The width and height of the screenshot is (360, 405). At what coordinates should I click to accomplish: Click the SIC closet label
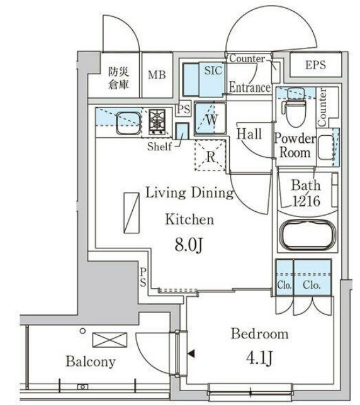tap(213, 71)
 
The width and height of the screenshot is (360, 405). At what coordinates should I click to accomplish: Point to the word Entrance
tap(250, 88)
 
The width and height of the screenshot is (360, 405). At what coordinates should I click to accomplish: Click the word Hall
tap(249, 133)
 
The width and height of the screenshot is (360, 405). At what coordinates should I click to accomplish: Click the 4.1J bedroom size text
tap(259, 358)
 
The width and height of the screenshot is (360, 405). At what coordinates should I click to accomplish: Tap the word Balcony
tap(91, 362)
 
